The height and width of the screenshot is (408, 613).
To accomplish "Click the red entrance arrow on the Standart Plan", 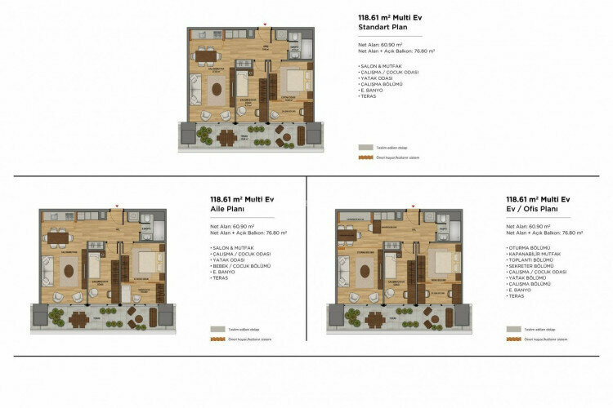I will tap(264, 24).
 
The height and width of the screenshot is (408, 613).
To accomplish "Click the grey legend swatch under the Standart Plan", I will tap(365, 147).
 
